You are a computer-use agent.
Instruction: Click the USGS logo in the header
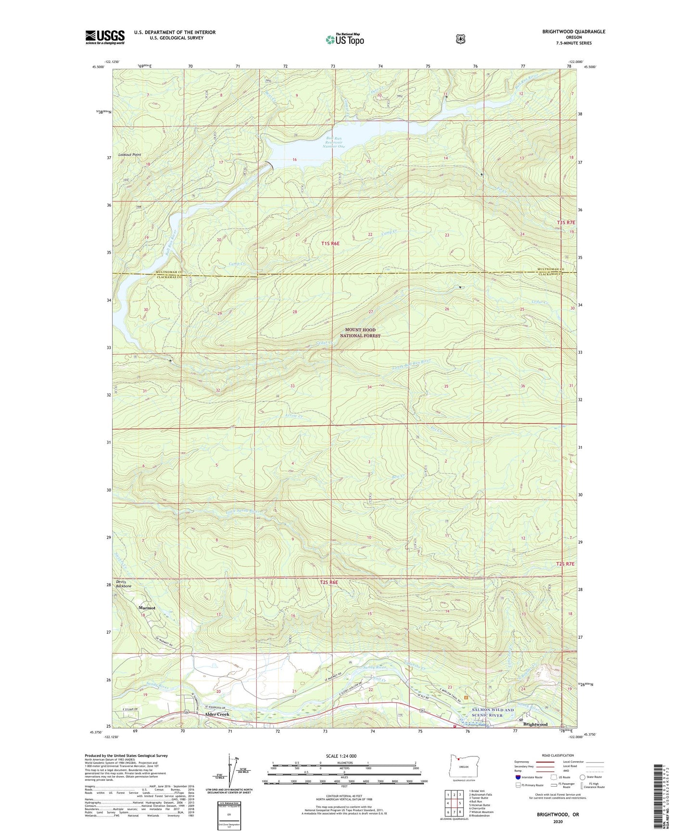pos(105,37)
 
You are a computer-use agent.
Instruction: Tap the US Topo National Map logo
pos(343,39)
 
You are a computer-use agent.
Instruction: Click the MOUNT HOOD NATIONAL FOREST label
pos(360,333)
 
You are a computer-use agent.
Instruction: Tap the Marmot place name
pos(147,608)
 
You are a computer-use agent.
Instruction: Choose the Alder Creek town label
pos(217,714)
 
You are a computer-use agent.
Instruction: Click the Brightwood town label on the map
pos(535,724)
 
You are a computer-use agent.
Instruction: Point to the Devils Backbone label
pos(124,584)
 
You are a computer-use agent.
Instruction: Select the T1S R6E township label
pos(330,244)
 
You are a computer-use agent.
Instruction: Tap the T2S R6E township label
pos(329,582)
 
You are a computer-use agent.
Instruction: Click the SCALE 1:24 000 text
pos(341,756)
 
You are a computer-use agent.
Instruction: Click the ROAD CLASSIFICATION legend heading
pos(558,755)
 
